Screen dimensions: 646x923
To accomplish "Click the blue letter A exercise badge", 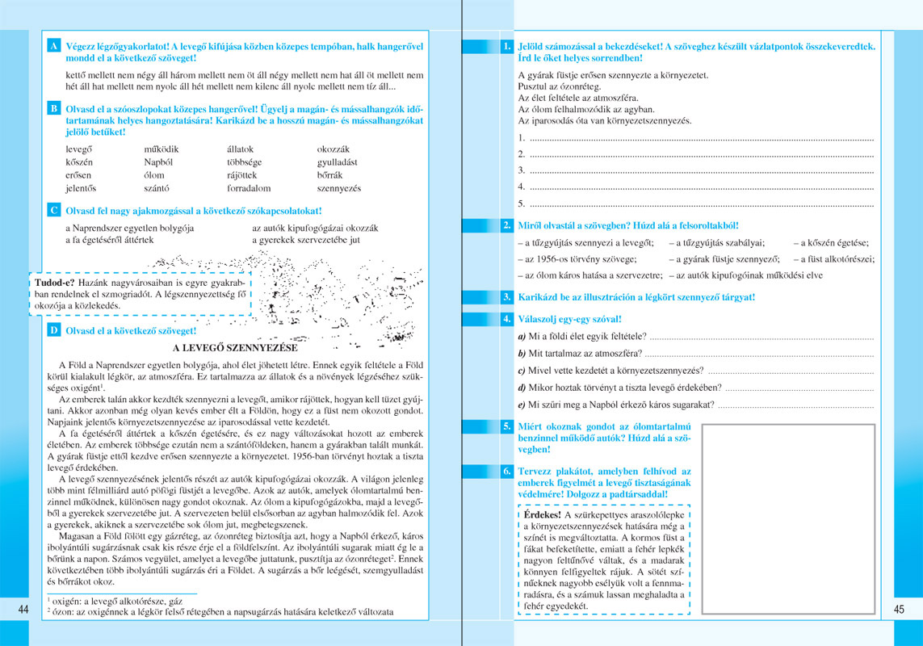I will coord(53,46).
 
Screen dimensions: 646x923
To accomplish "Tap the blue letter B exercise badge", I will coord(53,108).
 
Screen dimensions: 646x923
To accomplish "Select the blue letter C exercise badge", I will coord(53,210).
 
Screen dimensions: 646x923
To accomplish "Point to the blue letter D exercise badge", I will coord(53,329).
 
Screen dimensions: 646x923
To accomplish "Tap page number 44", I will coord(23,610).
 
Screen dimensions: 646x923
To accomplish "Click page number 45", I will coord(900,610).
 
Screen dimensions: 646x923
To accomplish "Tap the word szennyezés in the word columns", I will coord(339,188).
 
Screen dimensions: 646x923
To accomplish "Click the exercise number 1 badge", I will coord(506,47).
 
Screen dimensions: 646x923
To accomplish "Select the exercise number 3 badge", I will coord(506,297).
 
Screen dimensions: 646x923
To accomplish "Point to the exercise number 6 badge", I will coord(506,470).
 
